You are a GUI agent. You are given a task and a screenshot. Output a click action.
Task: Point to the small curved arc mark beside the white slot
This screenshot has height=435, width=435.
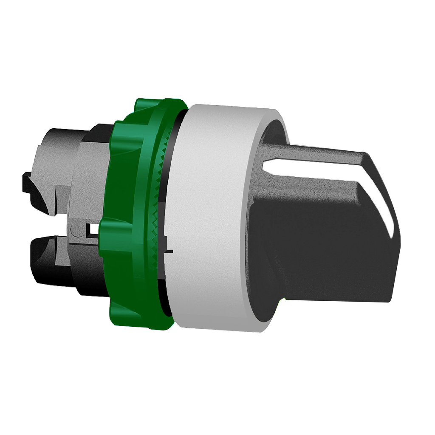[76, 232]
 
